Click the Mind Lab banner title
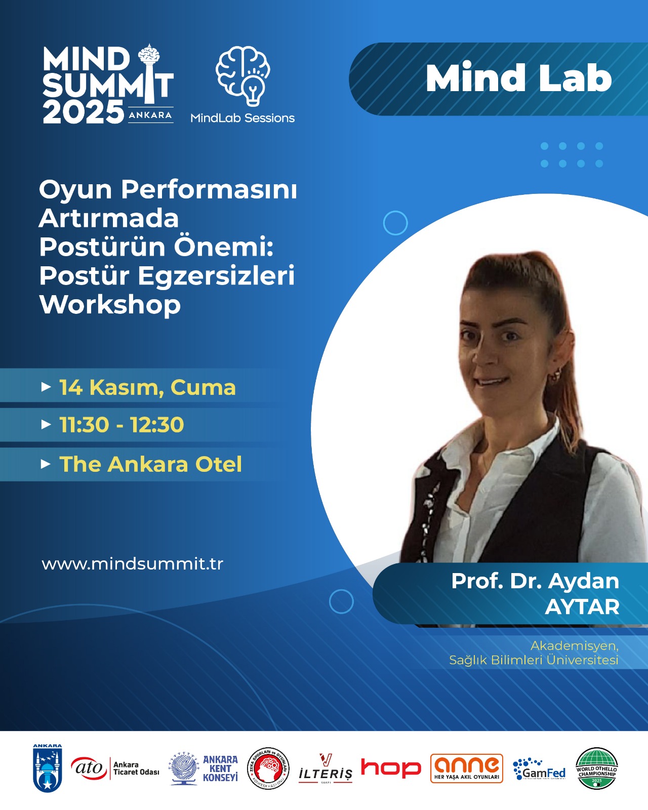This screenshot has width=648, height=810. click(x=518, y=78)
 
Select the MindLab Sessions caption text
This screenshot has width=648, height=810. click(x=242, y=118)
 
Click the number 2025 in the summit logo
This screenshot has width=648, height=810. click(x=83, y=112)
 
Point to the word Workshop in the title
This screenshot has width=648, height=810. click(x=110, y=305)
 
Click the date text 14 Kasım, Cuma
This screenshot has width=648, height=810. click(x=147, y=387)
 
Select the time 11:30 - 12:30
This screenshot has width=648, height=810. click(x=121, y=425)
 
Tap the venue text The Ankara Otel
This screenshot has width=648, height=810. click(x=150, y=464)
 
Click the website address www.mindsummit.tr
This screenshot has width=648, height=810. click(x=132, y=564)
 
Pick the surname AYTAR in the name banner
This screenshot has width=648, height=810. click(x=582, y=606)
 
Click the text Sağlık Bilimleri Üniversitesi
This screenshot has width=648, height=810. click(x=534, y=660)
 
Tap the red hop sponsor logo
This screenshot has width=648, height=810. click(x=390, y=768)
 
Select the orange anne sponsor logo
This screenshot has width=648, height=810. click(x=466, y=768)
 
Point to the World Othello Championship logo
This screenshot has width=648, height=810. click(x=597, y=768)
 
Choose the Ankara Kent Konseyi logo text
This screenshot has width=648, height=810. click(x=220, y=768)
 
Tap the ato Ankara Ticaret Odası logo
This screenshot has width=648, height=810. click(x=115, y=768)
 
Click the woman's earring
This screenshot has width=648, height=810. click(x=555, y=374)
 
